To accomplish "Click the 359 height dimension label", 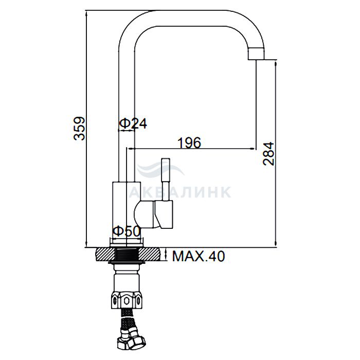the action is (x=79, y=129).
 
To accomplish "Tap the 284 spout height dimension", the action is (x=268, y=154).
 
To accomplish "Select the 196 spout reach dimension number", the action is (x=189, y=142).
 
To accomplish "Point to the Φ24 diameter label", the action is (x=133, y=123).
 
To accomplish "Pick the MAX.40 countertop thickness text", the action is (x=199, y=256).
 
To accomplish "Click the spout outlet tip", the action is (x=257, y=54).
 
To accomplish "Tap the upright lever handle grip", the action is (x=166, y=169).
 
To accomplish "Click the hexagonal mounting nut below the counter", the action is (x=127, y=299).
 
